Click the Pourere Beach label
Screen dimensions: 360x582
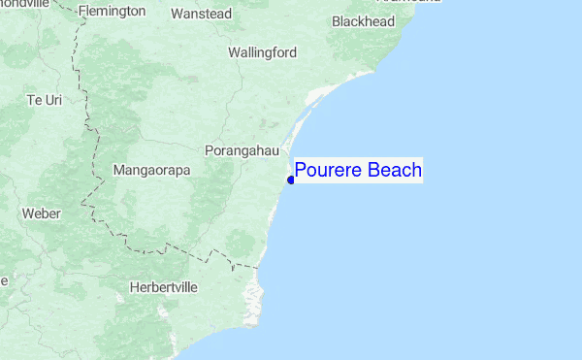pos(358,172)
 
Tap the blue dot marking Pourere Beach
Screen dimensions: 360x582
pos(291,179)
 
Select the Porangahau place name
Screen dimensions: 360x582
pos(242,150)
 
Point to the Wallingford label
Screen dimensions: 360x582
pos(262,52)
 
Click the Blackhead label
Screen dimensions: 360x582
pos(364,20)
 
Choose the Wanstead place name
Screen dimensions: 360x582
pos(201,14)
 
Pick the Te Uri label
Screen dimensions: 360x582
pos(45,100)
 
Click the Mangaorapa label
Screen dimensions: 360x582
pos(152,171)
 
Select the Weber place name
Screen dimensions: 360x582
pos(41,213)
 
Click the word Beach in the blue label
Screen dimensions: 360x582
pos(393,172)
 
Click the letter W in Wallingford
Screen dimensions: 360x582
pos(234,52)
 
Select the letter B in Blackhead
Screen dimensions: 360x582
pos(336,20)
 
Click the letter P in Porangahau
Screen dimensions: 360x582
pos(210,150)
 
